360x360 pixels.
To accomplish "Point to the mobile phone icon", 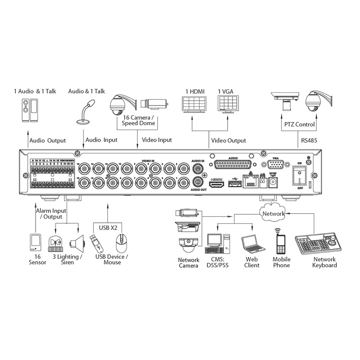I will coord(280,243).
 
